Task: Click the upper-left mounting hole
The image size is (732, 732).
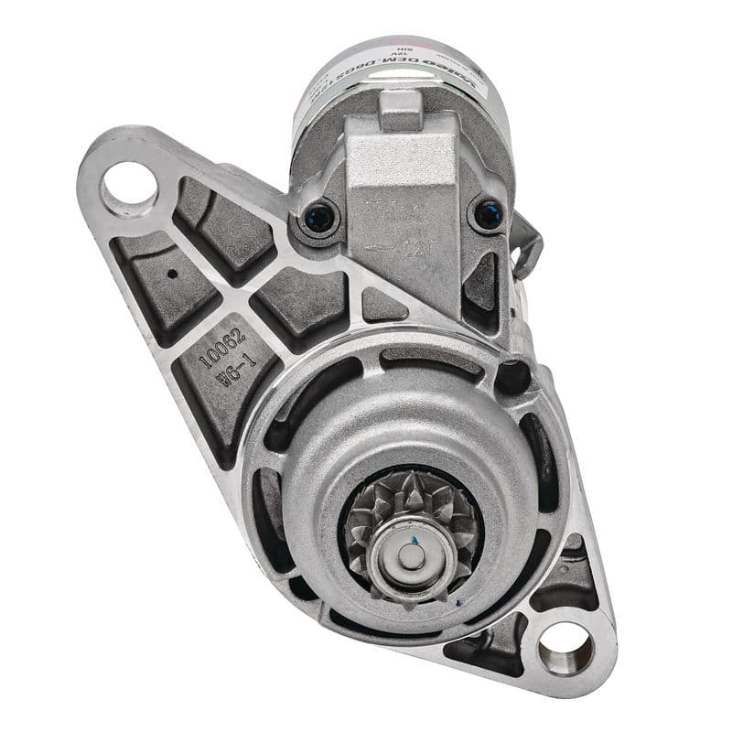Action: coord(129,188)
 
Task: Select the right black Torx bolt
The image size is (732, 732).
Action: coord(489,215)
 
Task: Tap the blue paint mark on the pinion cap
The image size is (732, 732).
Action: coord(416,543)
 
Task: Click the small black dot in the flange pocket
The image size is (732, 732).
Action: coord(171,273)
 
